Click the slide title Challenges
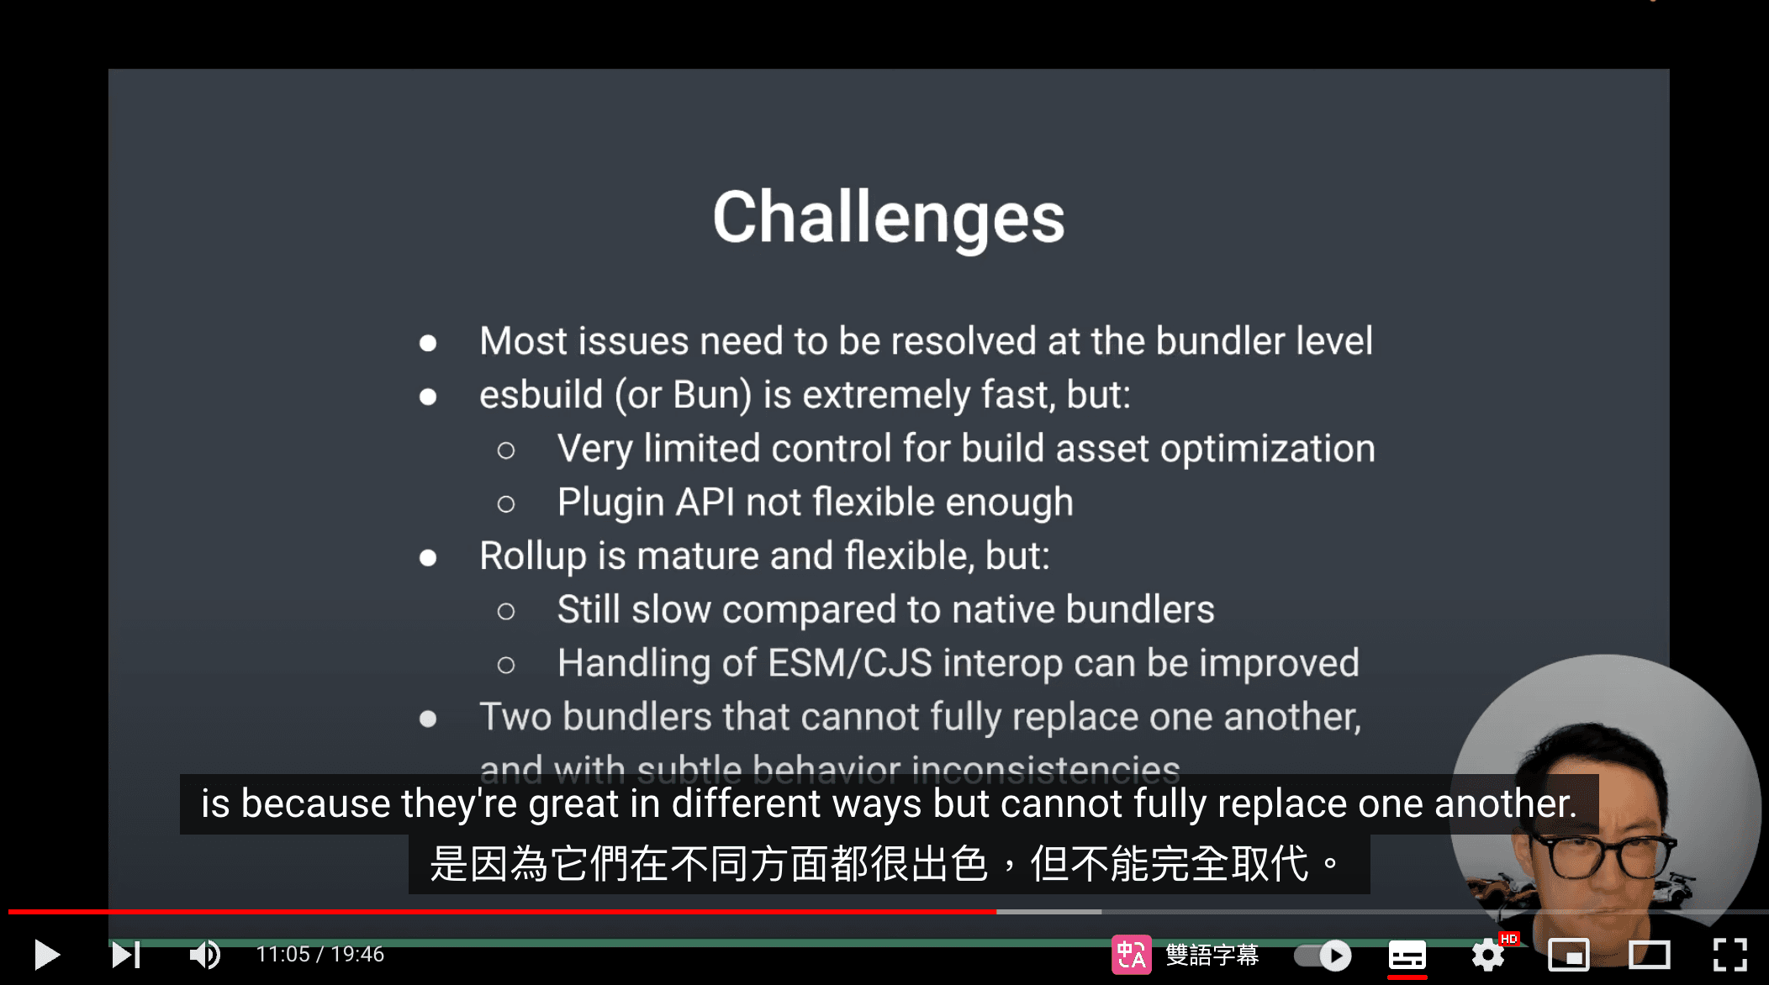pos(889,218)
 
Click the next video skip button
pos(126,955)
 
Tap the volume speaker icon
pos(204,955)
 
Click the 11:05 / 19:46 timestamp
pos(319,955)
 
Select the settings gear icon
pos(1488,955)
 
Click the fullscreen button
pos(1730,955)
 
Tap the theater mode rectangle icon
pos(1649,955)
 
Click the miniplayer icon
pos(1568,955)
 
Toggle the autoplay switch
pos(1323,955)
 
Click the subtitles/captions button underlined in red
pos(1407,956)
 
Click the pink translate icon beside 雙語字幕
pos(1131,955)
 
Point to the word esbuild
pos(541,395)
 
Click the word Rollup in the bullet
pos(532,556)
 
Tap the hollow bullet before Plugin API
pos(505,504)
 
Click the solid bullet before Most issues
pos(428,343)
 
